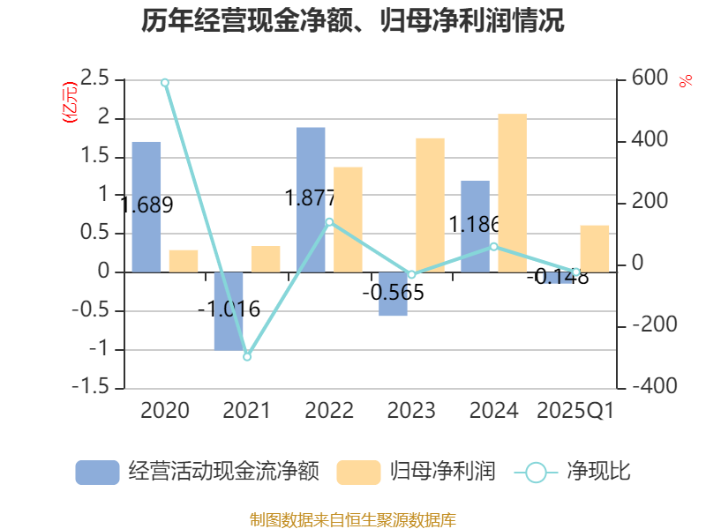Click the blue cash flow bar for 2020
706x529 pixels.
[x=146, y=206]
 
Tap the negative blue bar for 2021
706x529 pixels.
[x=229, y=310]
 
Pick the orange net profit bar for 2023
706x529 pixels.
[x=430, y=205]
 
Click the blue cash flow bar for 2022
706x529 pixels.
[x=311, y=199]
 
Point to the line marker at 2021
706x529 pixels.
[x=247, y=356]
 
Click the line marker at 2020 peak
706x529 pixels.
[x=165, y=82]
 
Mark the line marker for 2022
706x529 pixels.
[x=329, y=222]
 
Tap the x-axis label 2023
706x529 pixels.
[x=411, y=411]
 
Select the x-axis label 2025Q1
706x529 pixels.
[x=575, y=411]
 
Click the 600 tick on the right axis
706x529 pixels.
[x=650, y=79]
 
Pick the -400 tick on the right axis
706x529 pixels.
[x=655, y=388]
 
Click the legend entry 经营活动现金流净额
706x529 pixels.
[x=197, y=472]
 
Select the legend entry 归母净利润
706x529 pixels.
[x=416, y=472]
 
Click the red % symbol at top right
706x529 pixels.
[x=685, y=81]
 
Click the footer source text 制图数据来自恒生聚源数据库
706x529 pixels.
[x=353, y=519]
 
